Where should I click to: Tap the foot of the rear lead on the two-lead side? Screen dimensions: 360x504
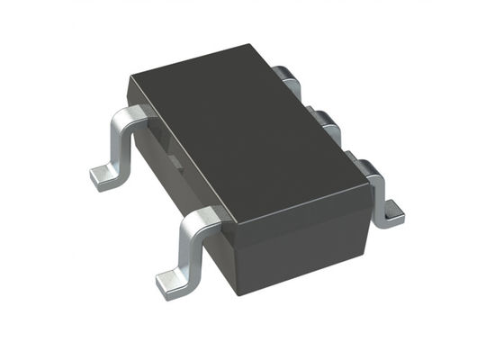[x=105, y=174]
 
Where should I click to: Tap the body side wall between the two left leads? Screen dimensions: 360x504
[x=166, y=162]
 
